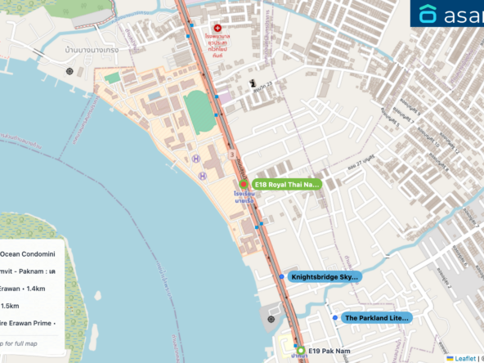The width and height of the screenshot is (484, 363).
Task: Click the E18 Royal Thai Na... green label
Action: point(285,185)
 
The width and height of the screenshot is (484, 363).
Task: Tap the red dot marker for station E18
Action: point(244,184)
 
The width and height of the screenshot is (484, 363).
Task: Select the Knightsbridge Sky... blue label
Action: point(324,277)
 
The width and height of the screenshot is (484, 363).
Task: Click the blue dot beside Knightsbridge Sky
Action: point(281,277)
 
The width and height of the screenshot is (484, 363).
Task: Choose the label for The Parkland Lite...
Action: point(375,317)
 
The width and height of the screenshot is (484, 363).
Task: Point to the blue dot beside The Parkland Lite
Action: point(335,317)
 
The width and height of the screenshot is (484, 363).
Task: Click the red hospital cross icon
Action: point(217,28)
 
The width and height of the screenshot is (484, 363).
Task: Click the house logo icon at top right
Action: point(428,14)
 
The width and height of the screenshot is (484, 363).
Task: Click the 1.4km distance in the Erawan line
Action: point(36,289)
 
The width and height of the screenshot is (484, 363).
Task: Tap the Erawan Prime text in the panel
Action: point(28,323)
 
